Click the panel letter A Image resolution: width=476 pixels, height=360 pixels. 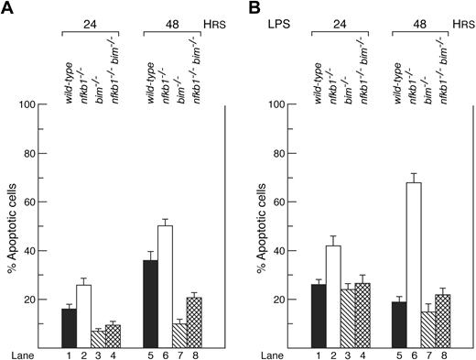click(x=7, y=9)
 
